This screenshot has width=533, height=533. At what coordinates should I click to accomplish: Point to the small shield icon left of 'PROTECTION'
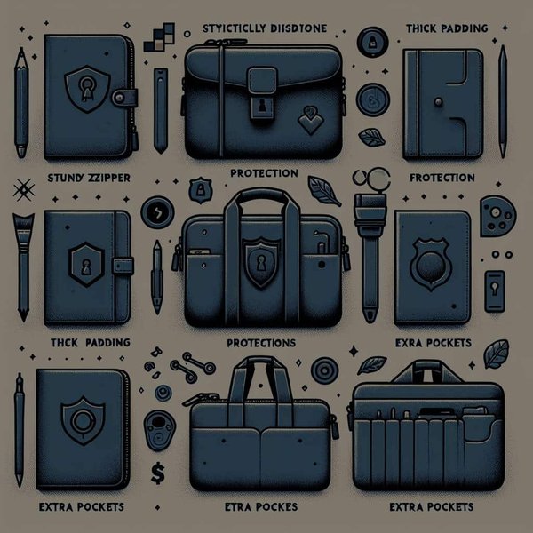pyautogui.click(x=202, y=189)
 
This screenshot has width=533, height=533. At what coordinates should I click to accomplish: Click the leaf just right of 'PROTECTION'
pyautogui.click(x=318, y=186)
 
